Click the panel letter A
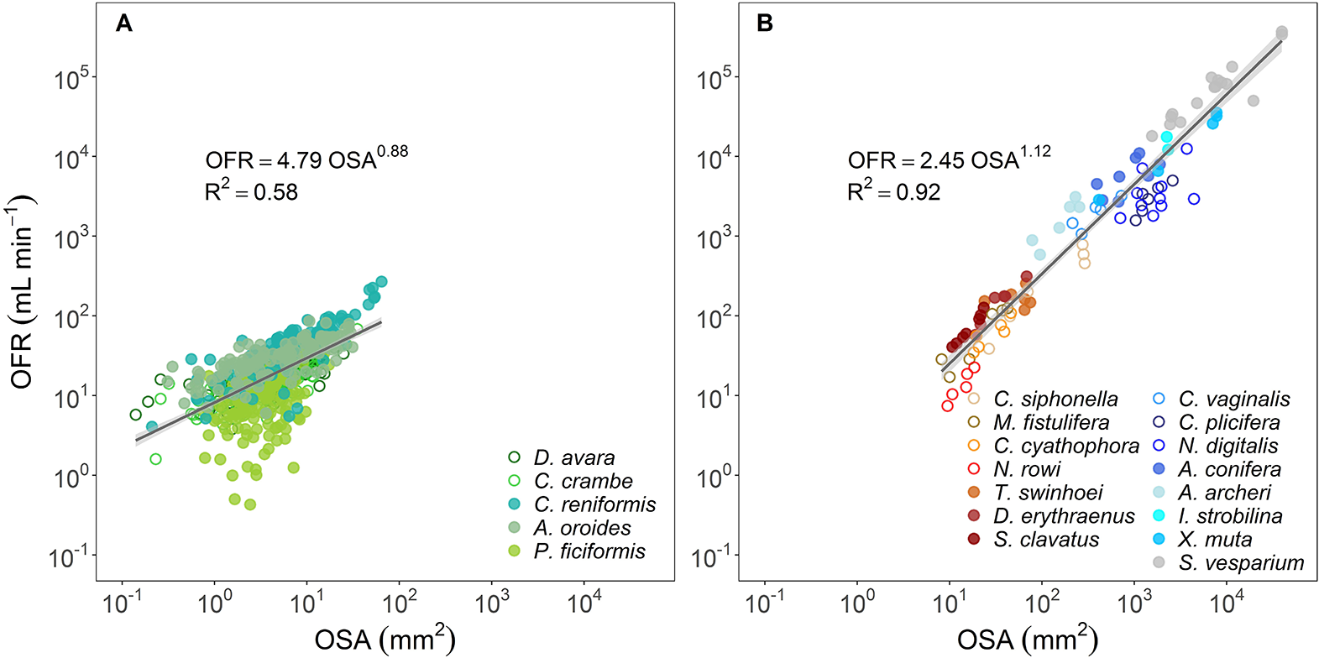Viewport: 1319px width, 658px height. [124, 23]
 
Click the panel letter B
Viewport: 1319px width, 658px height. [764, 23]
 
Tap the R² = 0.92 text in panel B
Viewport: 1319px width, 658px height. [893, 191]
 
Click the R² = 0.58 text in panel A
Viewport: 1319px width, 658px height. [251, 191]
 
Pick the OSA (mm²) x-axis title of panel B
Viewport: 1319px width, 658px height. [1027, 640]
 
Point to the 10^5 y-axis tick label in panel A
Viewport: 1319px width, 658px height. [71, 79]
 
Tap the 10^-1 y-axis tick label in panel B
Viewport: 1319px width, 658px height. [713, 557]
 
